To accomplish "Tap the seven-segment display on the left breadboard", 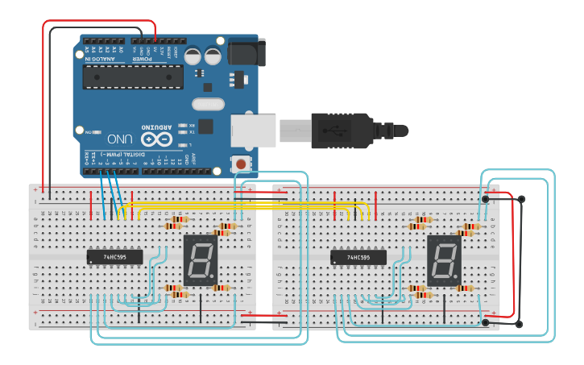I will point(201,260).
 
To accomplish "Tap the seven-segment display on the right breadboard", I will point(443,260).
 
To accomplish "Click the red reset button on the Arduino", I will point(241,164).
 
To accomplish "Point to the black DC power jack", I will point(245,52).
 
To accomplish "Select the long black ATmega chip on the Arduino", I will point(133,77).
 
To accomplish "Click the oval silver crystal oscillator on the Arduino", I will point(208,103).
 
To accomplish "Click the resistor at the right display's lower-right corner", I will point(465,288).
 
